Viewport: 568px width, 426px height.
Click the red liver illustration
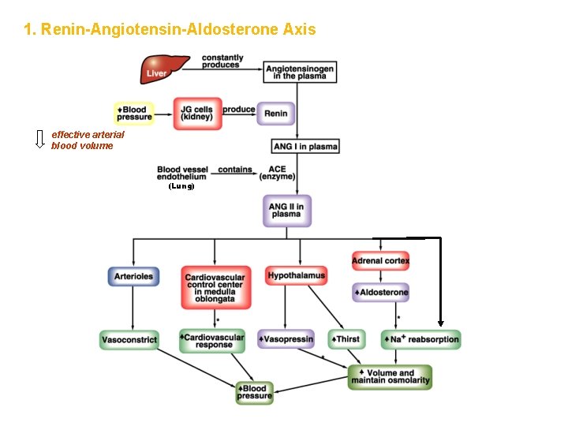point(165,69)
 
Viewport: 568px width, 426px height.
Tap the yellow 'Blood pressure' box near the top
point(134,114)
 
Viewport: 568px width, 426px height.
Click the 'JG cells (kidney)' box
point(197,114)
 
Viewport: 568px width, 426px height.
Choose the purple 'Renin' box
point(275,114)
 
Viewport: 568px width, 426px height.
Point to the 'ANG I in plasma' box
point(305,147)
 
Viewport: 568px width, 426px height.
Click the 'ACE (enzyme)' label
point(277,174)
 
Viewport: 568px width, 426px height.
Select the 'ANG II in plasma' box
point(286,211)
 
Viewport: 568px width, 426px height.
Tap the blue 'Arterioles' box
point(133,277)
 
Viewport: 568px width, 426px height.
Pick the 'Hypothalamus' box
point(296,276)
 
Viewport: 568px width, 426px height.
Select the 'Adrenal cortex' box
point(380,260)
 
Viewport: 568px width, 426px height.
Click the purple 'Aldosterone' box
point(380,293)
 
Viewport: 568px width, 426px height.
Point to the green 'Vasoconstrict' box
point(129,340)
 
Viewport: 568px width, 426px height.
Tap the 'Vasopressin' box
point(286,339)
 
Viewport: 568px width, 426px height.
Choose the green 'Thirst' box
point(345,339)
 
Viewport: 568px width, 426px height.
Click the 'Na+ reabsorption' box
point(420,339)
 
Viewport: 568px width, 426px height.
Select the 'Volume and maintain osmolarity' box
point(390,378)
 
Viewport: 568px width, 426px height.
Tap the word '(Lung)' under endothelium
point(181,187)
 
